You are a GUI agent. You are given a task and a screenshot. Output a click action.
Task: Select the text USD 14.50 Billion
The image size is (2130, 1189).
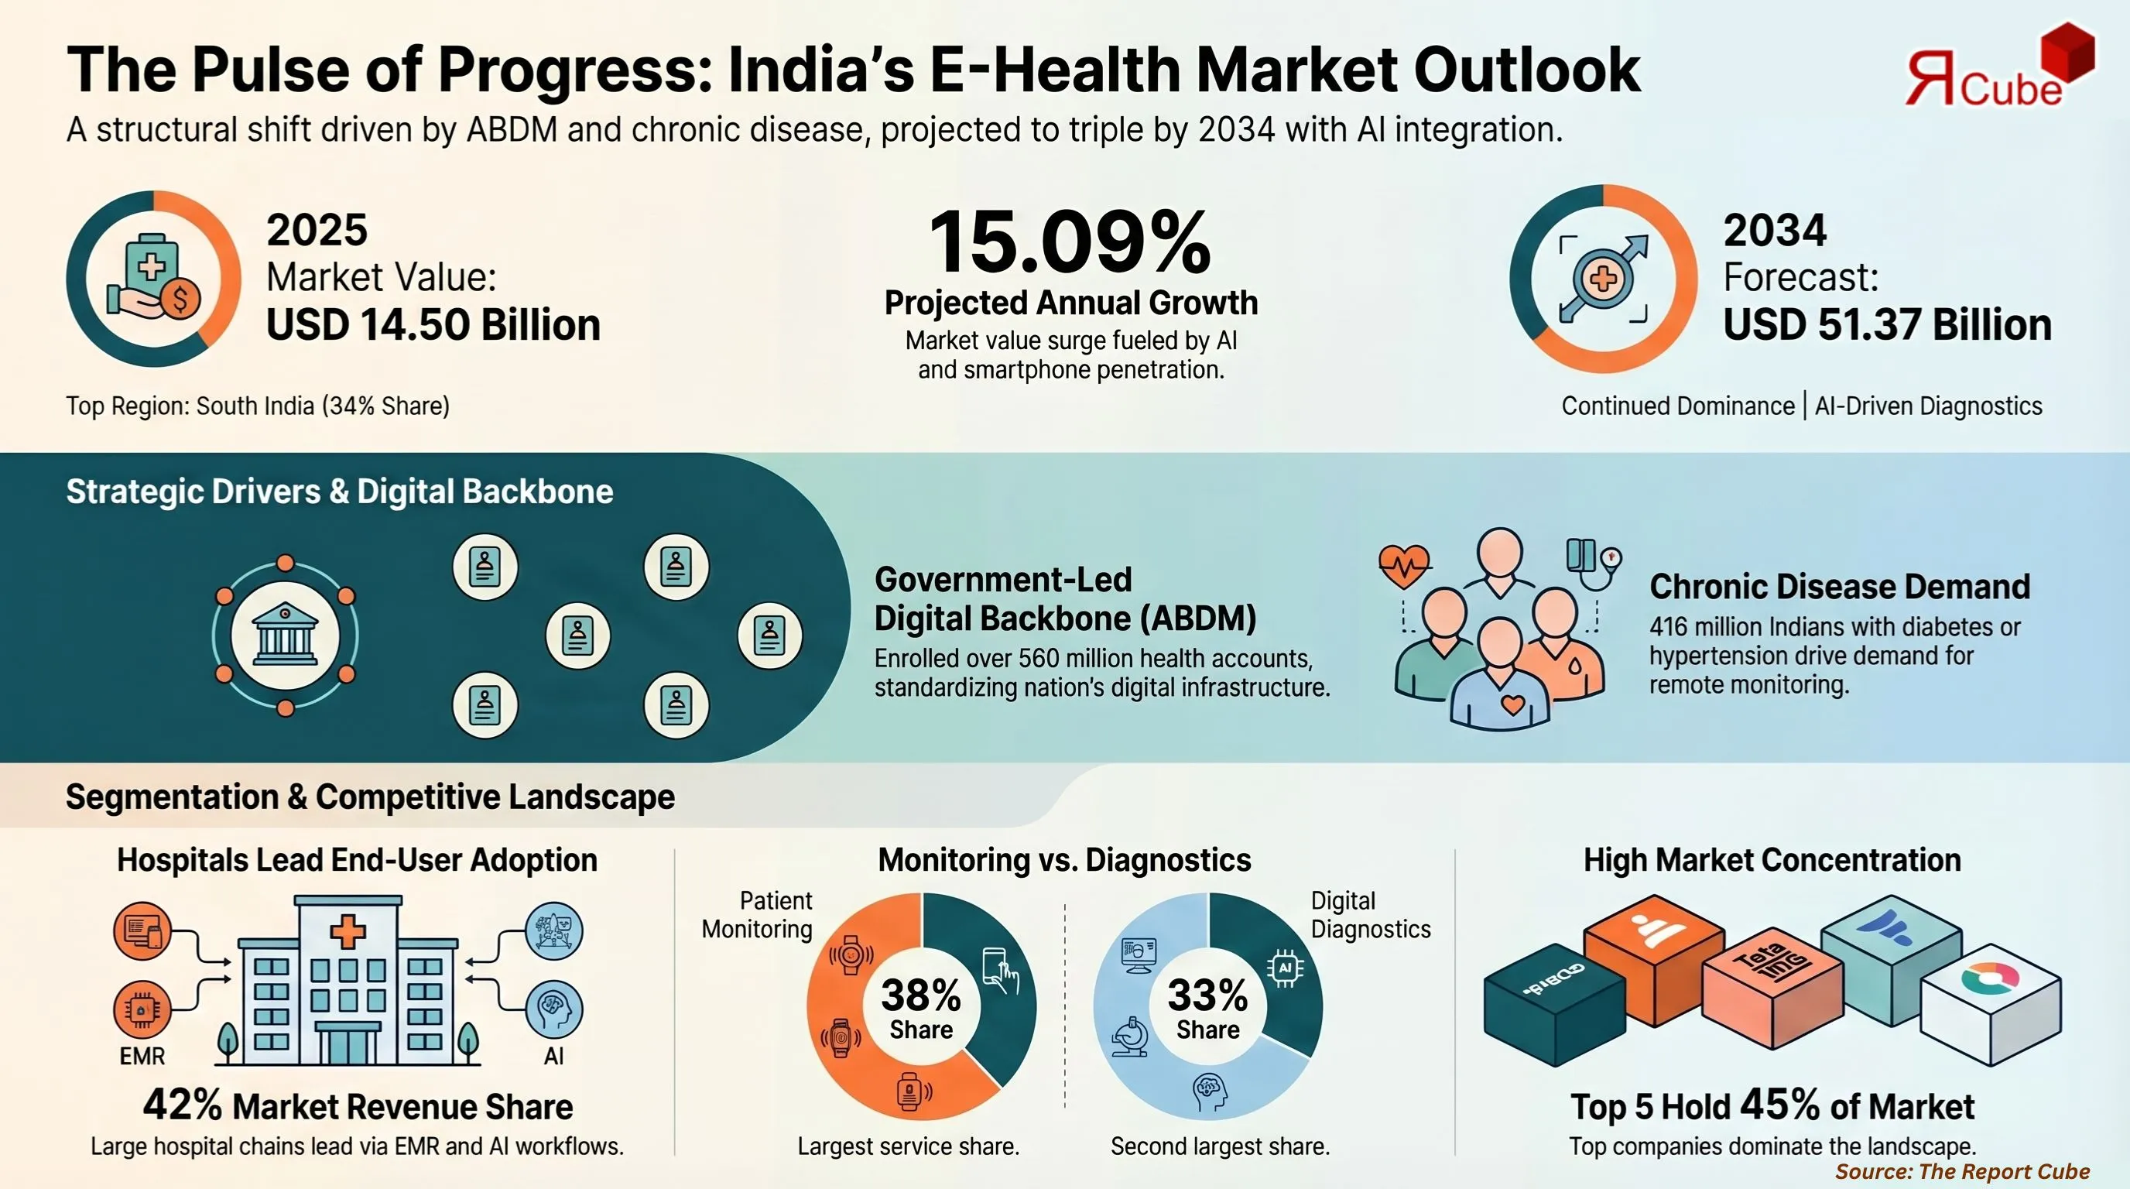point(433,324)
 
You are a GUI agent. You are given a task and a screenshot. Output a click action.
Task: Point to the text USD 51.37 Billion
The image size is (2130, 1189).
point(1887,324)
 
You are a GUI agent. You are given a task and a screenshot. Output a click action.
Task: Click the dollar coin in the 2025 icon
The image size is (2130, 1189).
point(180,299)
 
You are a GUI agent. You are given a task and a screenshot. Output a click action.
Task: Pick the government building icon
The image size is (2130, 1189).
point(285,635)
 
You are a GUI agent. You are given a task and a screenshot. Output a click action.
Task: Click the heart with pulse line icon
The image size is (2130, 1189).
point(1404,566)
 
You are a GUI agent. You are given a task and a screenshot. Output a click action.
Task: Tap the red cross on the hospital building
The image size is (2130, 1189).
point(348,932)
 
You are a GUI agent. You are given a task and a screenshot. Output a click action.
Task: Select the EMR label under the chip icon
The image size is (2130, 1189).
point(142,1056)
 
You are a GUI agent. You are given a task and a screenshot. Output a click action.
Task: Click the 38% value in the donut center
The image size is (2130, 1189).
point(920,995)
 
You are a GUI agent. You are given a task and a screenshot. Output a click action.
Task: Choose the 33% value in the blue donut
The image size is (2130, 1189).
point(1207,995)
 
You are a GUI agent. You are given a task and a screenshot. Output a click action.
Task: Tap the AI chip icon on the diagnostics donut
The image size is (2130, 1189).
point(1285,968)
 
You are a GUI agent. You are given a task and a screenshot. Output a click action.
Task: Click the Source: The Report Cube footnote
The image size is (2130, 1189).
point(1962,1171)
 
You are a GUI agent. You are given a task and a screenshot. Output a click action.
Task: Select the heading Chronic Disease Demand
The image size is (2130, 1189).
point(1839,586)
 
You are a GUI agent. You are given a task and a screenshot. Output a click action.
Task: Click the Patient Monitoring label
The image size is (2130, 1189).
point(757,914)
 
